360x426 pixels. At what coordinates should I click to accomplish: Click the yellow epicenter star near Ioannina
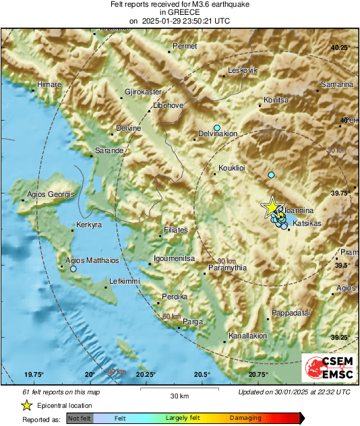pyautogui.click(x=272, y=207)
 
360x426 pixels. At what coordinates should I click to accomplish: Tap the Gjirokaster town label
pyautogui.click(x=144, y=91)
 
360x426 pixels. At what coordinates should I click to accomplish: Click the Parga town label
pyautogui.click(x=193, y=322)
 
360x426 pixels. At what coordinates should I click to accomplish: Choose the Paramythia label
pyautogui.click(x=227, y=268)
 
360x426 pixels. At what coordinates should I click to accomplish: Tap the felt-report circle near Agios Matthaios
pyautogui.click(x=73, y=268)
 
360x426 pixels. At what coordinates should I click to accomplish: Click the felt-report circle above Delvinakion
pyautogui.click(x=217, y=127)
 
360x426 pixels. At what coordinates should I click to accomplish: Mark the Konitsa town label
pyautogui.click(x=276, y=100)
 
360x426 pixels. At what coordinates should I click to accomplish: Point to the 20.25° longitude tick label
pyautogui.click(x=146, y=374)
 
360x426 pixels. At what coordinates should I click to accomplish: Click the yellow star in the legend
pyautogui.click(x=26, y=406)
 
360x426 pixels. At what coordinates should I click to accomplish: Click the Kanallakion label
pyautogui.click(x=248, y=336)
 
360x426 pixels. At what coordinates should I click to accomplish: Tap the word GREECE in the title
pyautogui.click(x=179, y=12)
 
